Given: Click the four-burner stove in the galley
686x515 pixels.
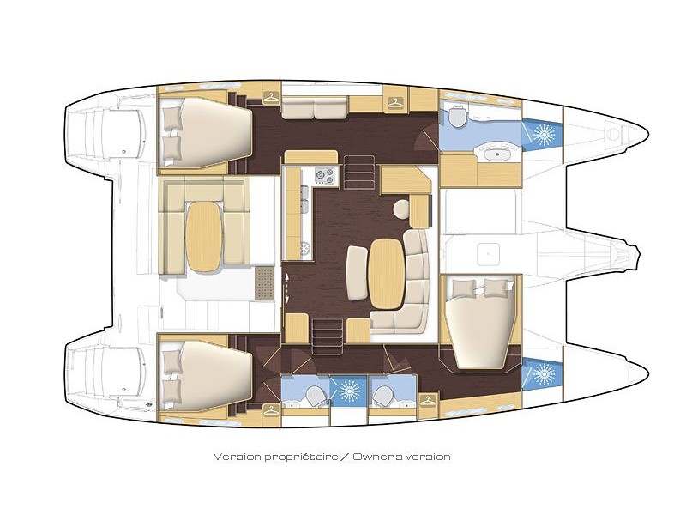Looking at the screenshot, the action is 326,176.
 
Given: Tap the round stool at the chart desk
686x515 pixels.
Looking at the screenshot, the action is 400,208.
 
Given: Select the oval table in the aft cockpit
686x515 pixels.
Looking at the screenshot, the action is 204,236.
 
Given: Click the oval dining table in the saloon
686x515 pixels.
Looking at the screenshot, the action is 387,274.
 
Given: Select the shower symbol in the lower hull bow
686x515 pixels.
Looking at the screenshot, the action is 544,374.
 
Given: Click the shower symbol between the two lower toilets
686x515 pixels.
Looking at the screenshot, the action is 348,390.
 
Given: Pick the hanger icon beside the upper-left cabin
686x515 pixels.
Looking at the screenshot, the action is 271,99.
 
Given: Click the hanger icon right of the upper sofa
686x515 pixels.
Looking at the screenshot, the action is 394,103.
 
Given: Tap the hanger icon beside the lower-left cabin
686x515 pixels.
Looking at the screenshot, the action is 271,410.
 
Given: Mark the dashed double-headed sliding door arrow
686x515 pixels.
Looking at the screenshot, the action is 287,288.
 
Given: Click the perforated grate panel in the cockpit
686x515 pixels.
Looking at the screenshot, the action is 264,282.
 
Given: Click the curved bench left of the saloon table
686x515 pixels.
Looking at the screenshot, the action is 357,274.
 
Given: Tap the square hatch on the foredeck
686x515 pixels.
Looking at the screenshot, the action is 488,254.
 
